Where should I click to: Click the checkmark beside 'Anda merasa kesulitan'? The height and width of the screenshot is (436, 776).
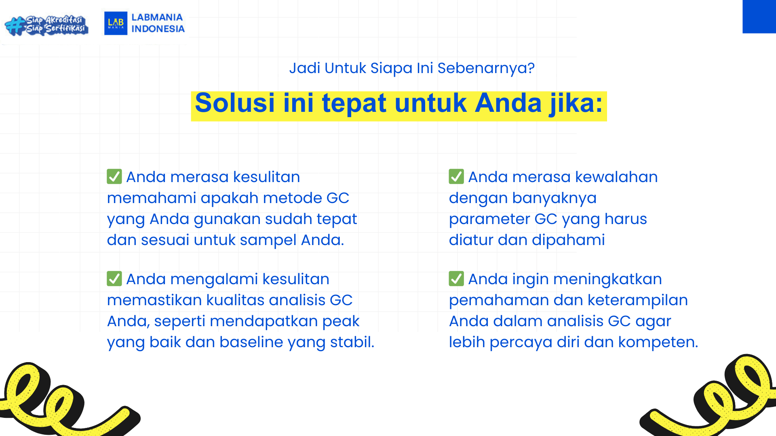114,176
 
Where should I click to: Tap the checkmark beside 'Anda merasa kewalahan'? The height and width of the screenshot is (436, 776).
456,176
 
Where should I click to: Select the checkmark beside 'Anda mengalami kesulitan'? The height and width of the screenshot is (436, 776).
114,279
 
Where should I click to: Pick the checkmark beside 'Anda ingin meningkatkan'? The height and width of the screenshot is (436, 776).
456,279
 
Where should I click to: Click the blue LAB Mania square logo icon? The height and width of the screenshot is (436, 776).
116,23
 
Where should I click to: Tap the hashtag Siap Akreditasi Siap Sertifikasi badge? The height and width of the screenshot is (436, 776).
46,25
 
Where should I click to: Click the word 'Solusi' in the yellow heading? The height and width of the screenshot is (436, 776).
235,103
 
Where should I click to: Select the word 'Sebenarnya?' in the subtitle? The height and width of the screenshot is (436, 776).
486,68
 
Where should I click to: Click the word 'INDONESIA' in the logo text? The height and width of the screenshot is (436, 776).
158,29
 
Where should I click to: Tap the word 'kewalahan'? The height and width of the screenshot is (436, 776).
616,177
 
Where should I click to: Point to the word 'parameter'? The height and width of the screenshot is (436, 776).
489,219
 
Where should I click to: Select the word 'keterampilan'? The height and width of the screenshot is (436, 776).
638,300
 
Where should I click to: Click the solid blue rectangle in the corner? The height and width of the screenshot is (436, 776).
759,17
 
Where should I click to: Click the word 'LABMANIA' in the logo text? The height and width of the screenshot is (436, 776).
157,17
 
